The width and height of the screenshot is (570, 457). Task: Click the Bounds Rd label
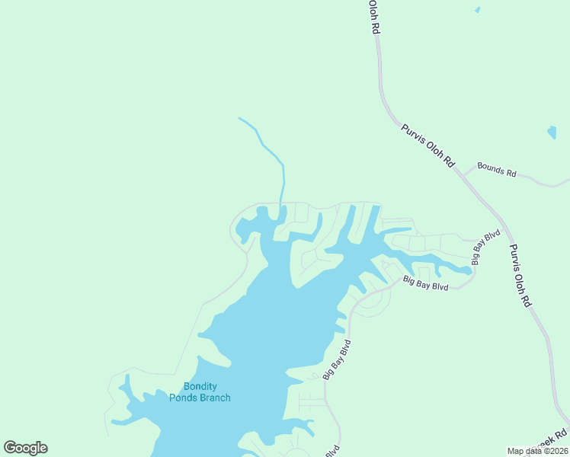coord(496,170)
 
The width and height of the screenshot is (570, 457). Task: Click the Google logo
coord(25,448)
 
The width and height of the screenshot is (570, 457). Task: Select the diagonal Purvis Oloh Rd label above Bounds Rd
coord(427,145)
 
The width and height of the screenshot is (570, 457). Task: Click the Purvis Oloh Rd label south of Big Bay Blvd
coord(520,275)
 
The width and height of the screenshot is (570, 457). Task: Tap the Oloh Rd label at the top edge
coord(373,16)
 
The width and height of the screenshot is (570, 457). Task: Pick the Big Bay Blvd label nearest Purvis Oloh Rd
coord(485,247)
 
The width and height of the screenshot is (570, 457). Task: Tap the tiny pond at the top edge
coord(477,10)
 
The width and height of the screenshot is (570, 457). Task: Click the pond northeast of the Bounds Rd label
coord(552,132)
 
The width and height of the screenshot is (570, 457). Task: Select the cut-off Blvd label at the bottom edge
coord(332,451)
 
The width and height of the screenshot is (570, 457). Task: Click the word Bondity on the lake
coord(200,387)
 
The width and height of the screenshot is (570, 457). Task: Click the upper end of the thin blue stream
coord(239,118)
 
